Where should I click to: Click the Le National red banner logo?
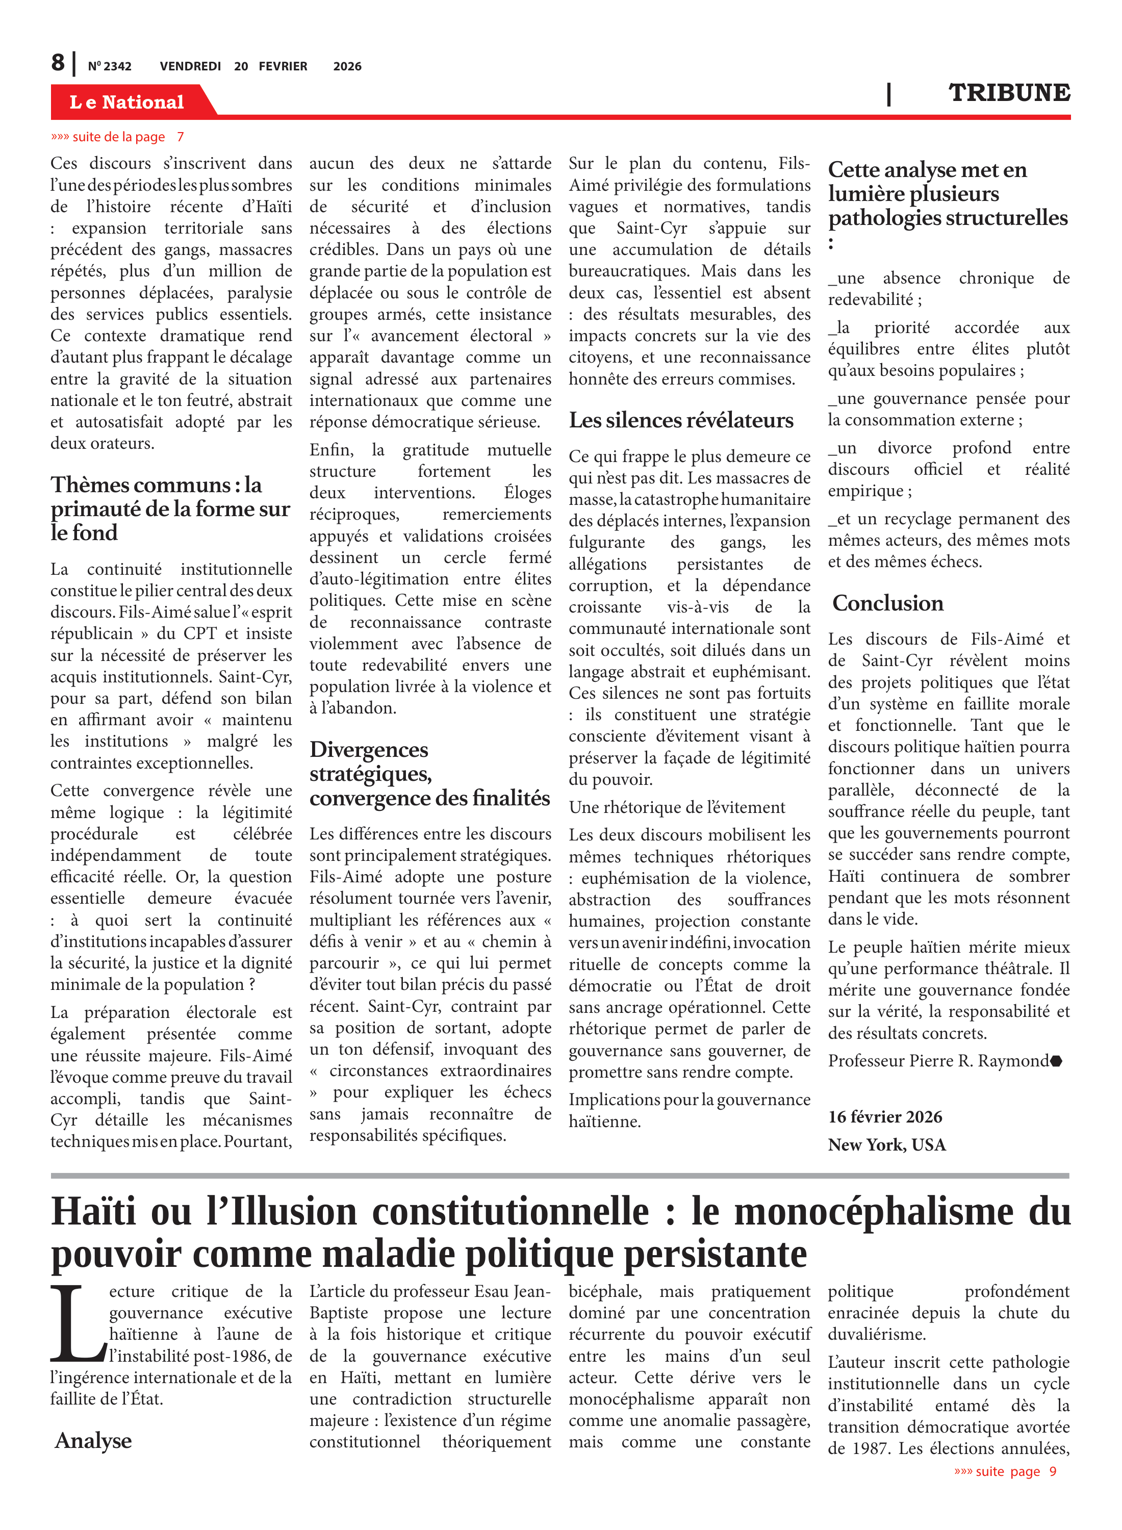coord(127,102)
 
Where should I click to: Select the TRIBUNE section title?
coord(1009,92)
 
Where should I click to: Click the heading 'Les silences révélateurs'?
coord(680,420)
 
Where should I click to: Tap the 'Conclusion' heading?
coord(888,603)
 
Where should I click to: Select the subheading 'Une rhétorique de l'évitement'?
coord(676,807)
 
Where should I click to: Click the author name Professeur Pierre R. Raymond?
coord(938,1061)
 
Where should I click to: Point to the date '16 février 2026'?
coord(885,1117)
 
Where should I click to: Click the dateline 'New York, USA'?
coord(886,1145)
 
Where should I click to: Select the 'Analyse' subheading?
coord(93,1440)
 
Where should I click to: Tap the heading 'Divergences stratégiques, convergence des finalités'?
coord(429,774)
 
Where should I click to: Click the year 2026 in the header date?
coord(347,66)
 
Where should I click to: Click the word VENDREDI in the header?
coord(190,66)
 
